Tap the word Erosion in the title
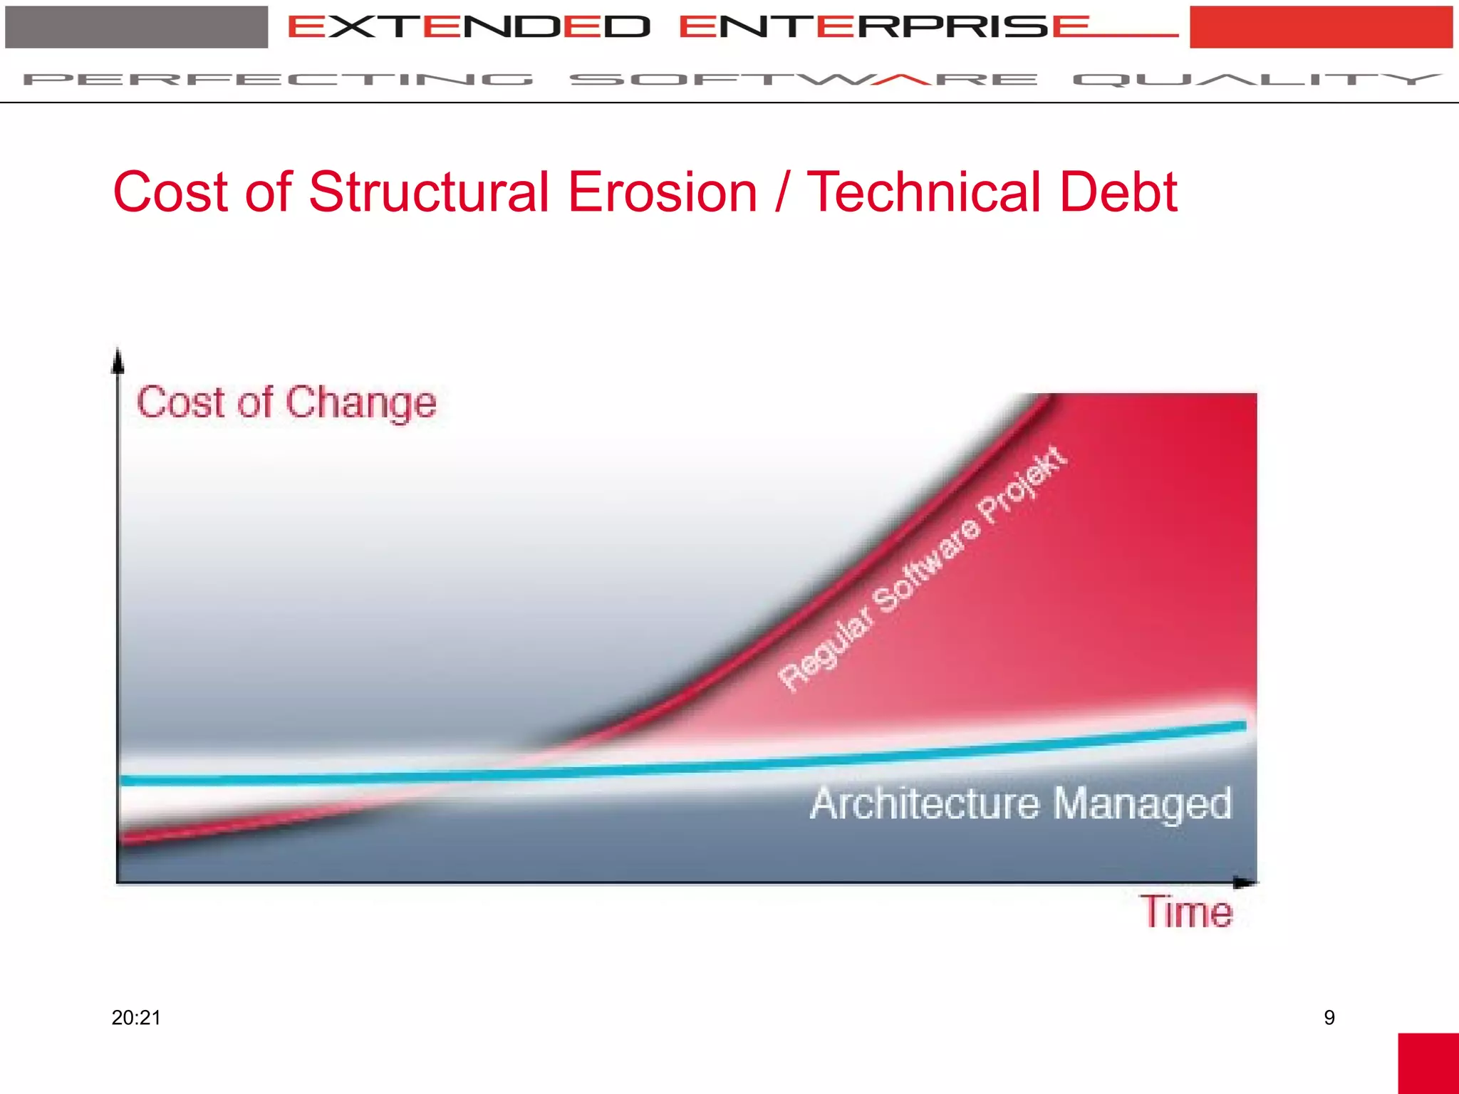pyautogui.click(x=663, y=192)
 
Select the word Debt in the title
pyautogui.click(x=1118, y=192)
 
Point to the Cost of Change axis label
pyautogui.click(x=286, y=402)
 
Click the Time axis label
pyautogui.click(x=1188, y=912)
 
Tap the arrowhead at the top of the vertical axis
pyautogui.click(x=118, y=360)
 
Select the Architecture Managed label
pyautogui.click(x=1021, y=803)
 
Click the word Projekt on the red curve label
pyautogui.click(x=1023, y=484)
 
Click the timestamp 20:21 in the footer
pyautogui.click(x=136, y=1018)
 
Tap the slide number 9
pyautogui.click(x=1329, y=1018)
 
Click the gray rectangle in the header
pyautogui.click(x=136, y=27)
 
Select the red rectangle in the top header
pyautogui.click(x=1321, y=27)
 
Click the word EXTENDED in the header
pyautogui.click(x=469, y=27)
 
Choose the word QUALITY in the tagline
pyautogui.click(x=1257, y=79)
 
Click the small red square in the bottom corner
pyautogui.click(x=1428, y=1063)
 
